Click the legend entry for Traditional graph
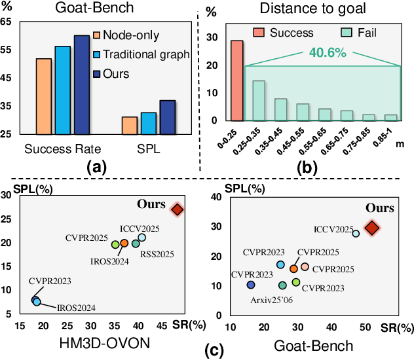[x=141, y=54]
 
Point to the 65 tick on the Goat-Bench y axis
[x=6, y=21]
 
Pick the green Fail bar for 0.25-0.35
[x=259, y=101]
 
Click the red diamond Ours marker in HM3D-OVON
[x=178, y=209]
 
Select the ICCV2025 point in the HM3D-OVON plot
[x=142, y=237]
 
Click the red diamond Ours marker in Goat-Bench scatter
[x=372, y=227]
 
